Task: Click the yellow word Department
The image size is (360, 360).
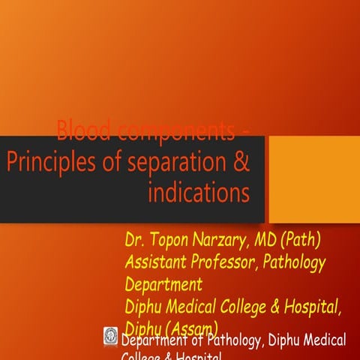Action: [163, 284]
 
